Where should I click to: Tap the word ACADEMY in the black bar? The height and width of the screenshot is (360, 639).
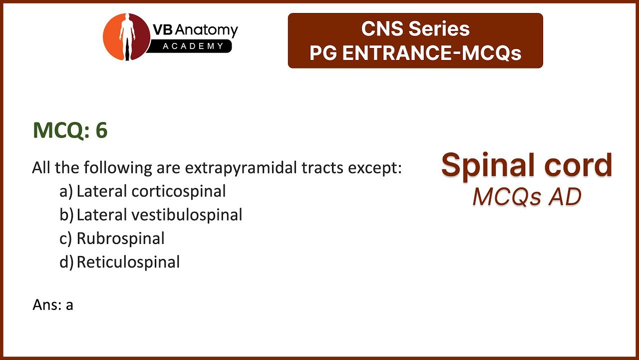193,46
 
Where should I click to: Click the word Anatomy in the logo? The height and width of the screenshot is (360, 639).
206,30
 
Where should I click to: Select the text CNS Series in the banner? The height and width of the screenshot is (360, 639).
415,28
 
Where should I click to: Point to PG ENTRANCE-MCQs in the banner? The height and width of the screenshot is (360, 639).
415,53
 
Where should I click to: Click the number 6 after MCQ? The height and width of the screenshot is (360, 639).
101,130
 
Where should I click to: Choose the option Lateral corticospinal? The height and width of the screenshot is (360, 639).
151,191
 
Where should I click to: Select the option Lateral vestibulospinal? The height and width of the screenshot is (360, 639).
159,214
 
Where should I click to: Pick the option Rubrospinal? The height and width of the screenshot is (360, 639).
121,238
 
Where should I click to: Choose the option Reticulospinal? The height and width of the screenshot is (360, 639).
128,262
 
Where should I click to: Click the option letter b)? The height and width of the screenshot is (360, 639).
66,215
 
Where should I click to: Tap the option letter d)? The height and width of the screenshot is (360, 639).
66,262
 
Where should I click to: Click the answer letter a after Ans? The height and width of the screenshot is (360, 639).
69,305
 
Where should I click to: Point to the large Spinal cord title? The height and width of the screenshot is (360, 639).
527,165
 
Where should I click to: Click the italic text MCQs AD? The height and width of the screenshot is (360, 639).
527,196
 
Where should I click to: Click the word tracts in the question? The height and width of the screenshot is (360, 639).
322,168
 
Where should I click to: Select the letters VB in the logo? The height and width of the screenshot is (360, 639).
163,29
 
